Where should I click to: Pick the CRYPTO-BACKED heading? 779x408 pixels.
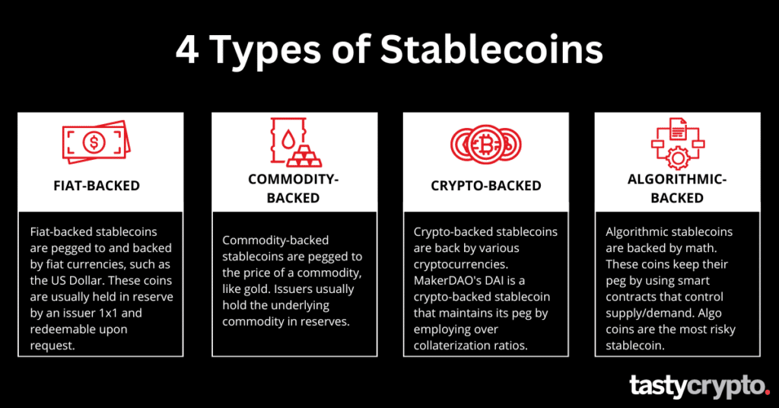(486, 185)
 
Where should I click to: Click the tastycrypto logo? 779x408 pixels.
(699, 387)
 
